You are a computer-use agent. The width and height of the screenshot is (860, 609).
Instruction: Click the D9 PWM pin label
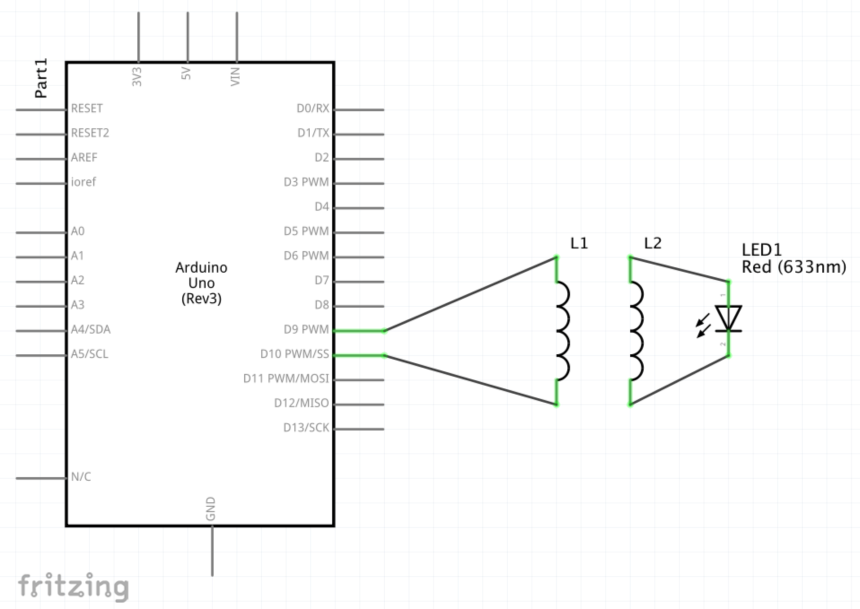pyautogui.click(x=306, y=330)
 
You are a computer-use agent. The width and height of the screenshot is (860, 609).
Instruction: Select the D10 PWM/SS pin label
pyautogui.click(x=294, y=354)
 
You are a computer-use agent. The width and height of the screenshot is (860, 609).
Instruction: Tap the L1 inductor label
pyautogui.click(x=579, y=244)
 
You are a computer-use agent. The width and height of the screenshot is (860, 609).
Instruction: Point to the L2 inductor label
pyautogui.click(x=653, y=244)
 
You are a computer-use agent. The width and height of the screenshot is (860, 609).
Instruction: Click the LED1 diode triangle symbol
pyautogui.click(x=728, y=318)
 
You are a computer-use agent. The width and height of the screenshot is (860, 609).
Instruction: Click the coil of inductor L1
pyautogui.click(x=563, y=331)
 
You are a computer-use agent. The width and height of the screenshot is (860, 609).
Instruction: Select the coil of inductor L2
pyautogui.click(x=636, y=331)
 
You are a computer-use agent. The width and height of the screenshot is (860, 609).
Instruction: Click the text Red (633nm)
pyautogui.click(x=794, y=267)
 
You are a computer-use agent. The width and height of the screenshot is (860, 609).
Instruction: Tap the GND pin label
pyautogui.click(x=211, y=509)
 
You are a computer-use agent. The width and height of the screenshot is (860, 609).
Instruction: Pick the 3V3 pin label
pyautogui.click(x=137, y=77)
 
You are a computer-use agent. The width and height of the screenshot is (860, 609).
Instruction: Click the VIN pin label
pyautogui.click(x=235, y=77)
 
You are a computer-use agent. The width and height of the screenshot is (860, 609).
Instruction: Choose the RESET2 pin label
pyautogui.click(x=90, y=133)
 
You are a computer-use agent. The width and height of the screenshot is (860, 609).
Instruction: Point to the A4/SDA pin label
pyautogui.click(x=91, y=330)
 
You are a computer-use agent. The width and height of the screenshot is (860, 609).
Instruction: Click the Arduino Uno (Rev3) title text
pyautogui.click(x=201, y=283)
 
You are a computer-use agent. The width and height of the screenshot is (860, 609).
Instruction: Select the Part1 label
pyautogui.click(x=41, y=78)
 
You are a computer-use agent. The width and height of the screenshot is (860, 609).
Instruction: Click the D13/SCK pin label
pyautogui.click(x=306, y=428)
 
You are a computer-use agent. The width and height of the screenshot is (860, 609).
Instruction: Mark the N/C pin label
pyautogui.click(x=81, y=477)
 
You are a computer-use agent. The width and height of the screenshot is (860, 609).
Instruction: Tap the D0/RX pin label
pyautogui.click(x=313, y=109)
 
